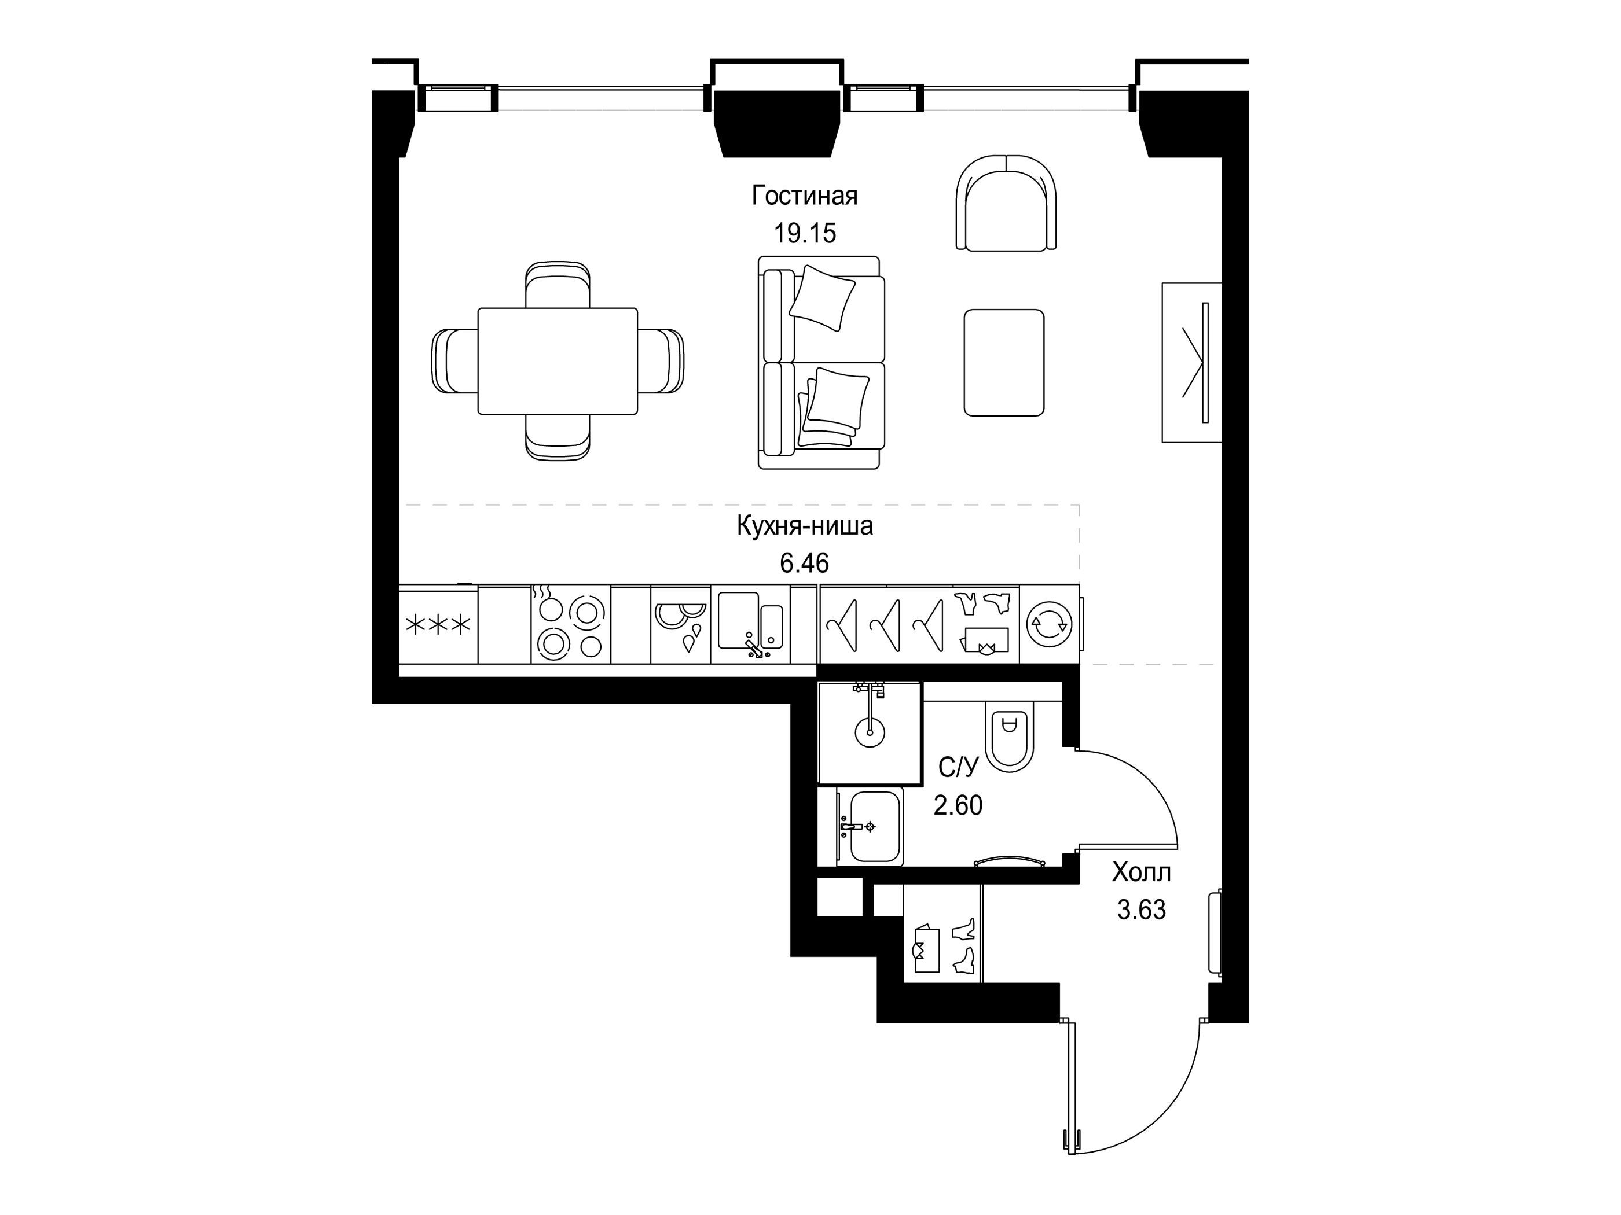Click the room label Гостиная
[x=805, y=196]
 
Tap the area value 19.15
[x=805, y=234]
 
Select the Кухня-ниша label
[x=805, y=526]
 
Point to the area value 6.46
[x=805, y=563]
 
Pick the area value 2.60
[x=958, y=805]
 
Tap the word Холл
[x=1141, y=872]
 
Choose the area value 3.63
[x=1141, y=910]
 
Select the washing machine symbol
[x=1050, y=625]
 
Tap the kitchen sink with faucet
[x=750, y=625]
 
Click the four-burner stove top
[x=571, y=625]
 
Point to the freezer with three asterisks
[x=438, y=625]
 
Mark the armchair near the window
[x=1007, y=203]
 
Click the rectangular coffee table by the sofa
[x=1004, y=363]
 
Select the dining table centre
[x=558, y=361]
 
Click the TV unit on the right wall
[x=1191, y=363]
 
